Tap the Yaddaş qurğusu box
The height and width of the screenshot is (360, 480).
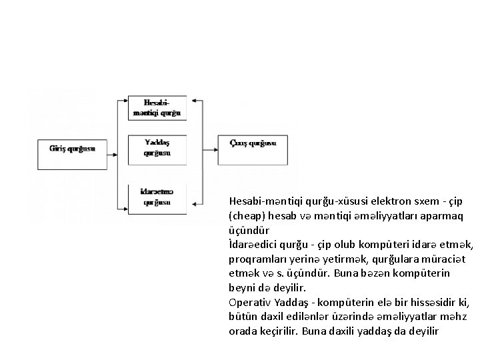157,147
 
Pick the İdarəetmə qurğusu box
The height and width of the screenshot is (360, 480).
157,197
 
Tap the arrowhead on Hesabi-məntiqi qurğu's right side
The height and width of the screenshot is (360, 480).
191,101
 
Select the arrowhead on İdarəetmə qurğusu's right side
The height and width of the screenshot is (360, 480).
191,200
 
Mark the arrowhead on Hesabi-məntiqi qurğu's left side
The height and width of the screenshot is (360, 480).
122,101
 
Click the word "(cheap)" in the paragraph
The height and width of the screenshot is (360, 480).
247,216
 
